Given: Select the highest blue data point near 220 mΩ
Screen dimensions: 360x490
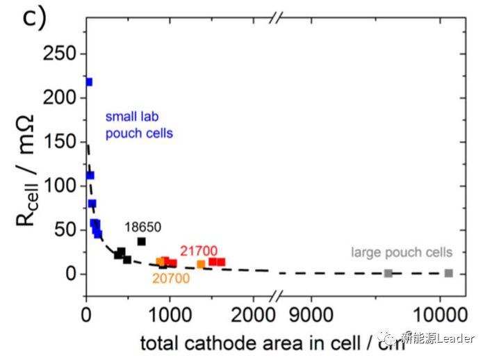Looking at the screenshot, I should click(88, 82).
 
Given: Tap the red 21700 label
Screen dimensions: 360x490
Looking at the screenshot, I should click(199, 250).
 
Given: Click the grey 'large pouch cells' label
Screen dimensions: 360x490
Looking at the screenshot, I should click(402, 252).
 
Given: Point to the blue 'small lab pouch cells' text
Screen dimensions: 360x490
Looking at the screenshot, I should click(138, 125).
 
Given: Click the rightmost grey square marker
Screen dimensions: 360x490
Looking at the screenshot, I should click(449, 273).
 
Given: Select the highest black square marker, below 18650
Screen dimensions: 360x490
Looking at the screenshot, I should click(142, 241).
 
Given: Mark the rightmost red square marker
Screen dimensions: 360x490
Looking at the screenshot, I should click(221, 262).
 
